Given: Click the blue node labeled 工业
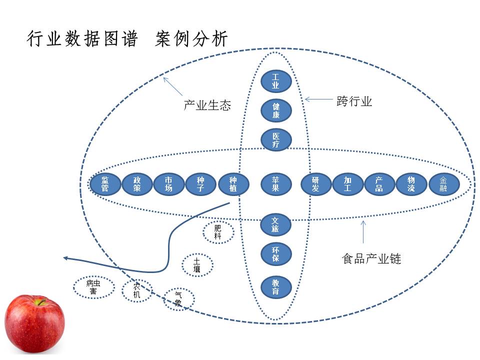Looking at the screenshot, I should pos(275,81).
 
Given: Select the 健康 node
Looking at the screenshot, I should pos(275,110).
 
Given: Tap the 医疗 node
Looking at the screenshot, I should pos(275,140).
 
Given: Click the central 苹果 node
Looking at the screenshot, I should pos(275,184).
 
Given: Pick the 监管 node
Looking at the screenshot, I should pos(105,184).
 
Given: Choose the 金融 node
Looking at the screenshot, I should pos(443,184).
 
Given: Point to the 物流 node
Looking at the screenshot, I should pos(411,184).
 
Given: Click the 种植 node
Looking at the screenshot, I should pos(233,184).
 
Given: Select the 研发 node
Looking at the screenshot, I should pos(315,184).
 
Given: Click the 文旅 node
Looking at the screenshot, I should pos(275,224).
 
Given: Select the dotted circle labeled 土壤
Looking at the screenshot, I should pos(197,265).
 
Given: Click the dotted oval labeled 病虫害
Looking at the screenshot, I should pos(93,287).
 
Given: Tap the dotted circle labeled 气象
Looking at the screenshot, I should pos(178,299).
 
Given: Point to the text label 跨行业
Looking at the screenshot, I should pos(354,101).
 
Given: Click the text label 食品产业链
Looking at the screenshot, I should pos(371,258).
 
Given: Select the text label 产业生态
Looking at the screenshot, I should pos(207,105).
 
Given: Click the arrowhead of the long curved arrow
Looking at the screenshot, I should pos(65,258).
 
